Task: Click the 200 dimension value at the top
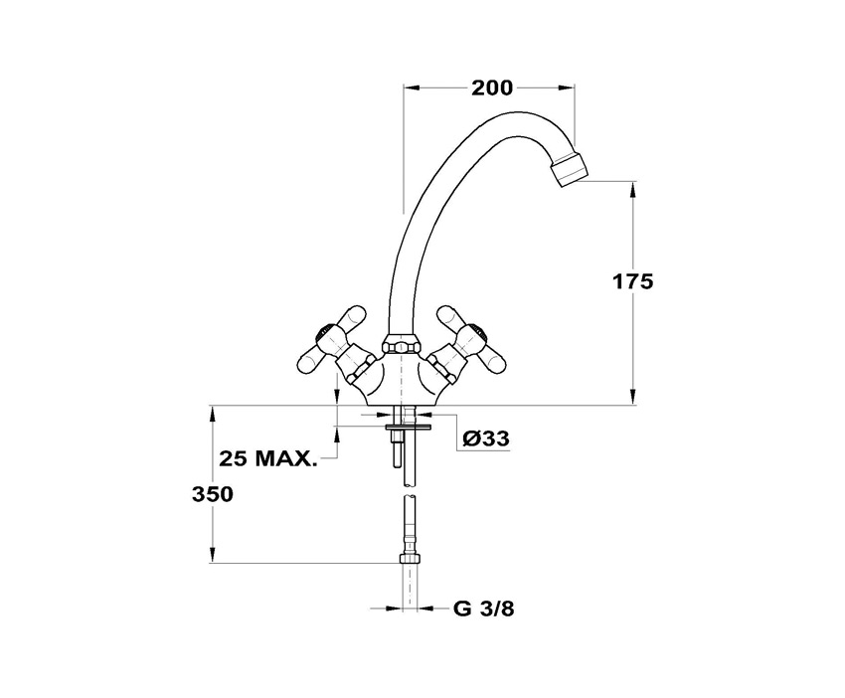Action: [492, 87]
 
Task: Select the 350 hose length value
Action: [213, 494]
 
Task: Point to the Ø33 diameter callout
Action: [486, 438]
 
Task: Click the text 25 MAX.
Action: [267, 458]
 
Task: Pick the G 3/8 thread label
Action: [483, 609]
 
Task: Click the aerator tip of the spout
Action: [569, 169]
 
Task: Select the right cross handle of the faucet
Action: [470, 344]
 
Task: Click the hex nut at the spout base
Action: [402, 344]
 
